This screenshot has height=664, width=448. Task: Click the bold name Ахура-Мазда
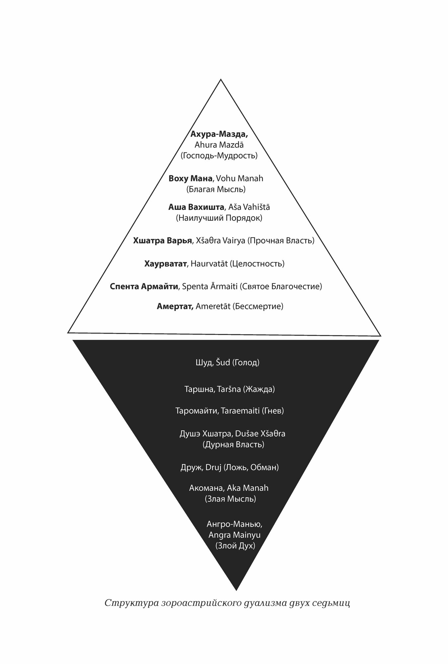point(219,134)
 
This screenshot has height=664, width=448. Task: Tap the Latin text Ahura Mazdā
point(219,145)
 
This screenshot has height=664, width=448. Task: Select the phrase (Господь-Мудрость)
point(219,155)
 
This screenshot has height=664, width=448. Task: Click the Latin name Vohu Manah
point(239,178)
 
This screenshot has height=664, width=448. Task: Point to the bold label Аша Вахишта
point(196,207)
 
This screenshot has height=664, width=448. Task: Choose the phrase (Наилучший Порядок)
point(219,218)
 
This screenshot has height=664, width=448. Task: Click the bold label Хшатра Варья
point(162,240)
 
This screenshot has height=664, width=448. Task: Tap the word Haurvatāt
point(209,264)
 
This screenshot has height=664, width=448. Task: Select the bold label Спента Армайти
point(144,286)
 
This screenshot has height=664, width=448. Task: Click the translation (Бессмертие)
point(257,306)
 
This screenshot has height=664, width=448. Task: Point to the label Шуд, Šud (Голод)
point(227,362)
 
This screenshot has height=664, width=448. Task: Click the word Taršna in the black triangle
point(228,389)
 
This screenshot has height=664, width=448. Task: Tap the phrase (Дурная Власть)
point(233,444)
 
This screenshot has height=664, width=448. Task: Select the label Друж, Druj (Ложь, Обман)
point(229,467)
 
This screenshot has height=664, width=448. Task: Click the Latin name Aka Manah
point(248,488)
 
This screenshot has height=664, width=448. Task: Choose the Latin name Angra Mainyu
point(234,535)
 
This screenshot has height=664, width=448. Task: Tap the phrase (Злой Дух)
point(235,545)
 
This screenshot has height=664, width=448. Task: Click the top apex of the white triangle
point(221,79)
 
